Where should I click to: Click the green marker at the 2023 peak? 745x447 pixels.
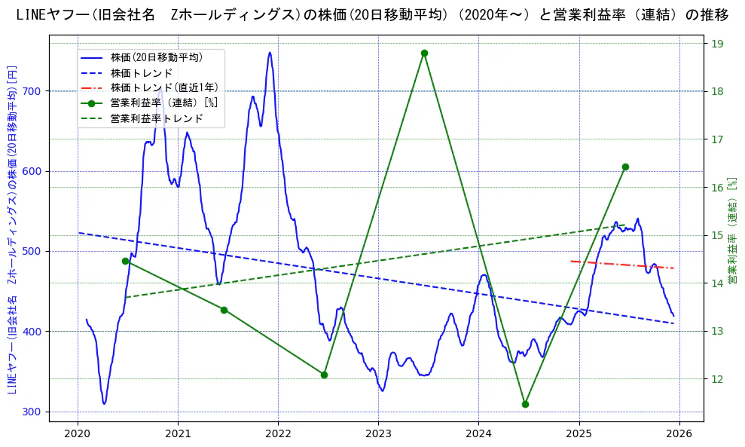424,54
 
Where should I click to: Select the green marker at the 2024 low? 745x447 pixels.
525,404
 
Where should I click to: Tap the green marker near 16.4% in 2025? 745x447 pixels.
625,167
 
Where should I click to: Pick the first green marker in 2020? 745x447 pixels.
125,261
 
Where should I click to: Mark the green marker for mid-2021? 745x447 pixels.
224,310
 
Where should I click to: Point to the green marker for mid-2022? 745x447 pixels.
324,375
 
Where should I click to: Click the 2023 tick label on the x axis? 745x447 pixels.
378,433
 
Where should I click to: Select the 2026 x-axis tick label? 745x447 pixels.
679,433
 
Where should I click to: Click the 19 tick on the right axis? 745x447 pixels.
716,44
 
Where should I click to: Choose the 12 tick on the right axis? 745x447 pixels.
716,379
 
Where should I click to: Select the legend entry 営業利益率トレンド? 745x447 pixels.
157,118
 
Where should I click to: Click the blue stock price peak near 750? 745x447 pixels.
269,53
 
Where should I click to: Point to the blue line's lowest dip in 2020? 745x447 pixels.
104,403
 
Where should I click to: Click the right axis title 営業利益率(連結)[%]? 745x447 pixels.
731,231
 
